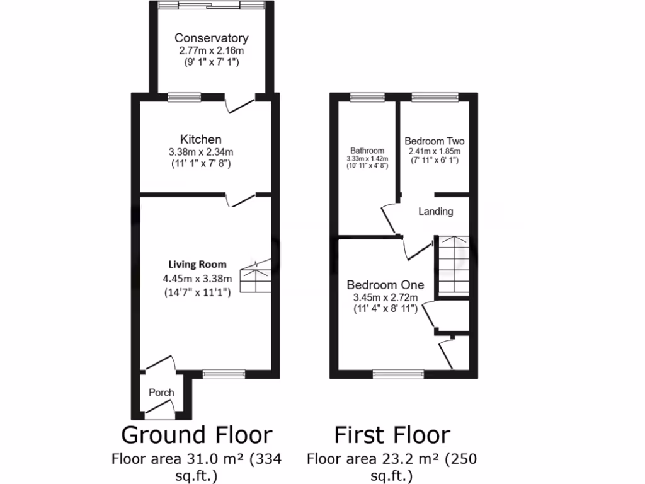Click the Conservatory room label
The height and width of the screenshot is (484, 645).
(211, 38)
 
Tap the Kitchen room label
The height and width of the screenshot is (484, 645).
(200, 139)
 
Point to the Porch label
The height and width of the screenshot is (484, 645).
(161, 393)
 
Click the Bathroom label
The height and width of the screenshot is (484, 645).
(367, 151)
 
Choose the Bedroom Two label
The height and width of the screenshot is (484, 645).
(435, 141)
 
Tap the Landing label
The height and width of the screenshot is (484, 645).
(436, 212)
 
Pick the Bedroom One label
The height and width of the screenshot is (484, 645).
(385, 285)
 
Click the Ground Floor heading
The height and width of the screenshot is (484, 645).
(197, 435)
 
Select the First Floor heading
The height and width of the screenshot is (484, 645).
(392, 435)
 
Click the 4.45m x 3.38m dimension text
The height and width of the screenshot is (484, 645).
(197, 279)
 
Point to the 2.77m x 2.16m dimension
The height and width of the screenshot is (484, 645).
(211, 50)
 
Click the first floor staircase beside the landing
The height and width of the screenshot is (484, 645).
(453, 265)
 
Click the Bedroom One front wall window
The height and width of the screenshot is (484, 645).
(398, 374)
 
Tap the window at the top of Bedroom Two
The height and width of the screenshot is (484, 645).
(435, 96)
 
